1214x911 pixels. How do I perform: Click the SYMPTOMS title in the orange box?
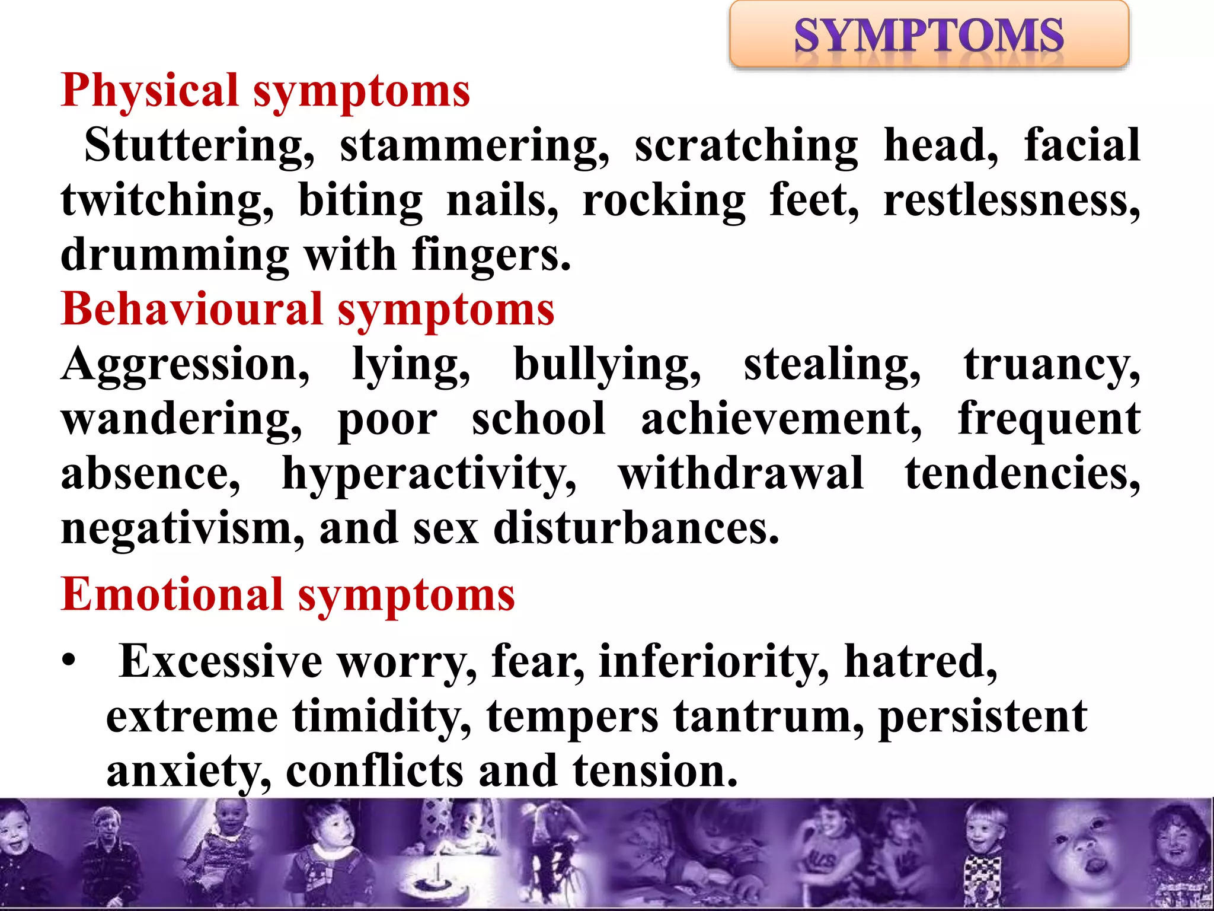[x=928, y=36]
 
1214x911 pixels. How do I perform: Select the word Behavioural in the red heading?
[x=192, y=310]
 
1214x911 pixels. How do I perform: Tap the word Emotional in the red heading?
[x=172, y=594]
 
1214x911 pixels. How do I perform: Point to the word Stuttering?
[x=199, y=146]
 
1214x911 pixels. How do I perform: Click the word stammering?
[x=474, y=146]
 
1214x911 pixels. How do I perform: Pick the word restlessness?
[x=1011, y=200]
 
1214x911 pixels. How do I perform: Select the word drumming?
[x=175, y=255]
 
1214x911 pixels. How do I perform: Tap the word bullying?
[x=607, y=365]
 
